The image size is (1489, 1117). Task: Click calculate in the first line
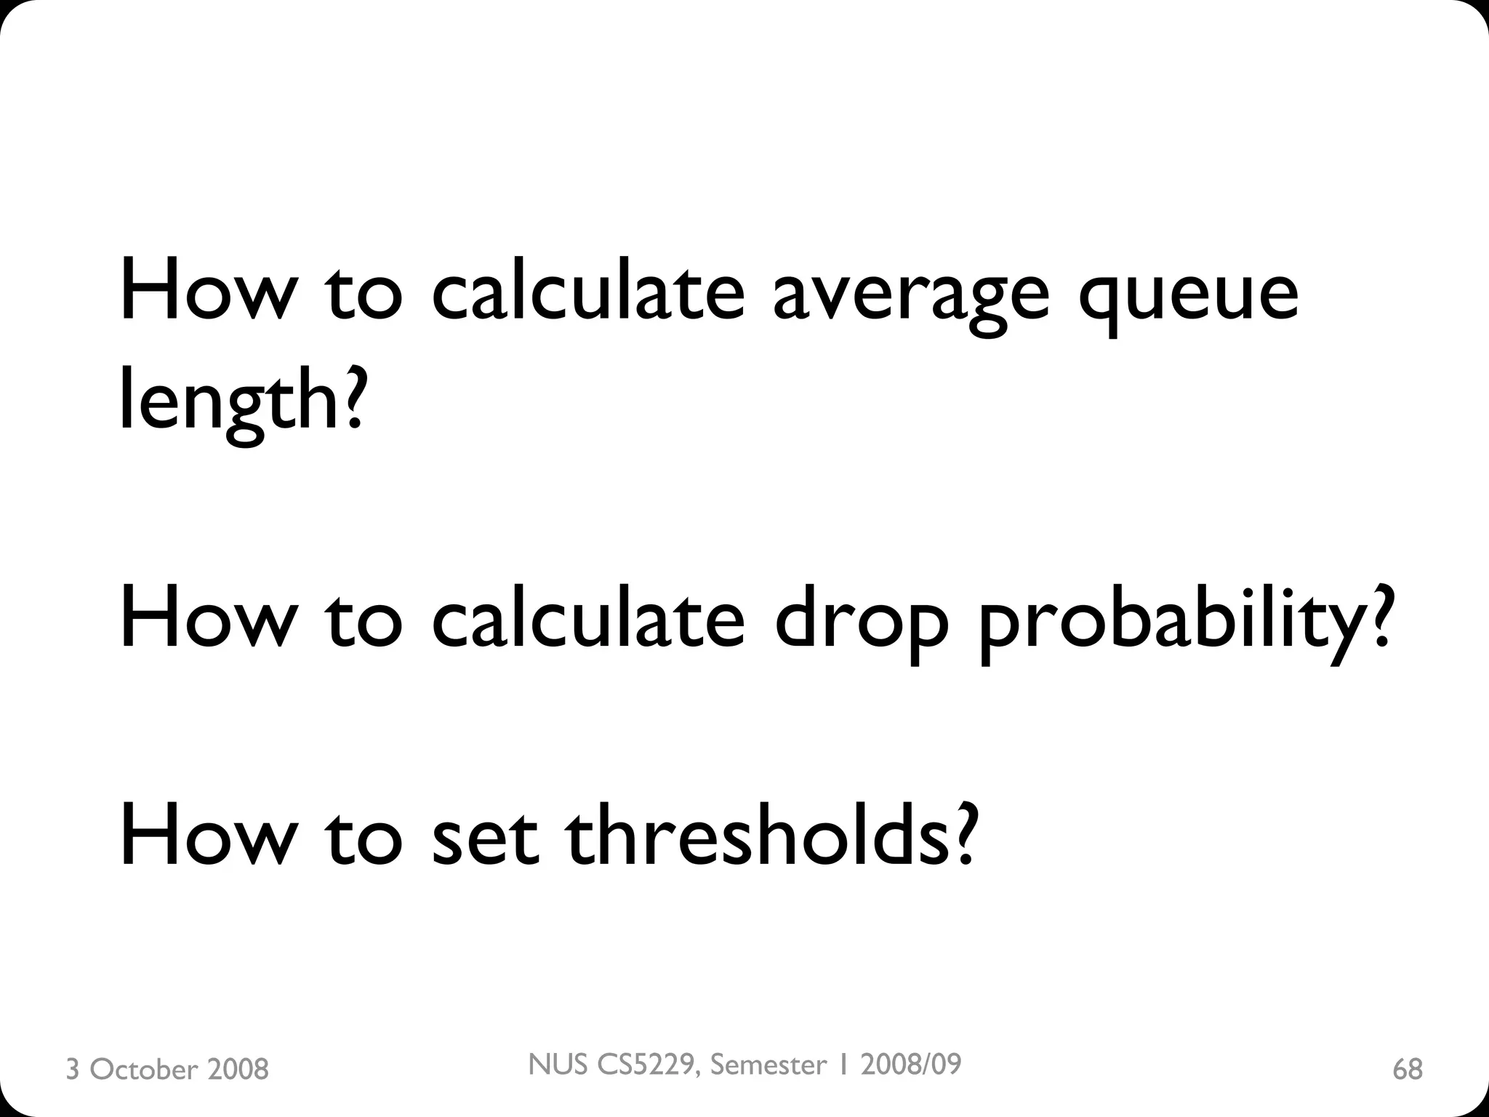tap(587, 291)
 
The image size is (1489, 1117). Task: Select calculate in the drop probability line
tap(587, 618)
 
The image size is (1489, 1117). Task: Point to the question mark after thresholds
tap(960, 836)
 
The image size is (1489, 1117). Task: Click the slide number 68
tap(1408, 1069)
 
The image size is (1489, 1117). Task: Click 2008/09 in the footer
tap(910, 1065)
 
